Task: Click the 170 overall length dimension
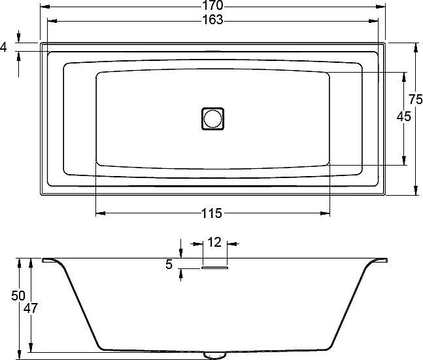213,5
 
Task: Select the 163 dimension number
213,20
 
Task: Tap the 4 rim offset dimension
3,47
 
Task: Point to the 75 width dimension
415,99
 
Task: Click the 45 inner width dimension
404,117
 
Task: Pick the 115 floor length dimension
212,213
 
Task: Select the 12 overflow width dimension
214,242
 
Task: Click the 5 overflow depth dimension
169,264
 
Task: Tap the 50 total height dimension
18,296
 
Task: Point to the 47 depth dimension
31,308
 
